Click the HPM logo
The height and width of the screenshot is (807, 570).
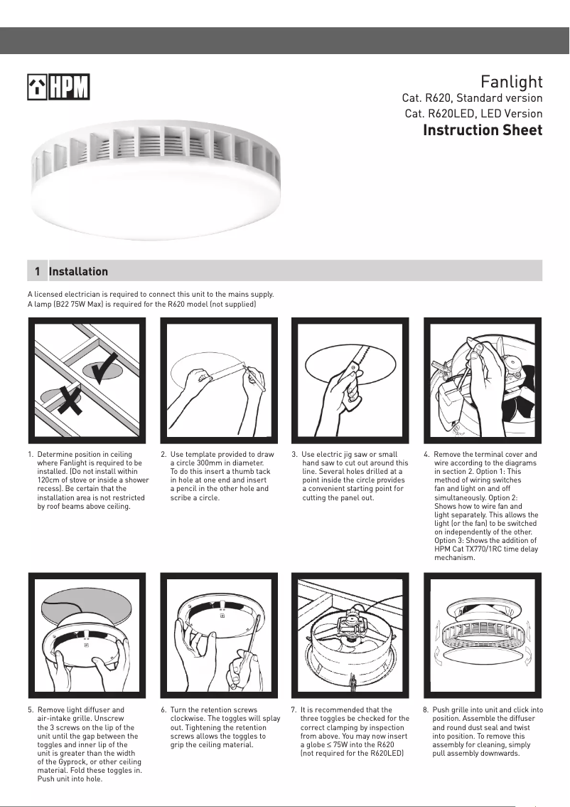pos(58,88)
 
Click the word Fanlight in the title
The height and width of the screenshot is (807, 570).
pos(511,81)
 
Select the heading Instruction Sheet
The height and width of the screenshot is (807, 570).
pos(482,130)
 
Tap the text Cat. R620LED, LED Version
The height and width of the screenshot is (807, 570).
pos(473,114)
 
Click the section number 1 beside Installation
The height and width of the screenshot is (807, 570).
pos(37,271)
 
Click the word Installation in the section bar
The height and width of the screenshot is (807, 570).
pos(78,271)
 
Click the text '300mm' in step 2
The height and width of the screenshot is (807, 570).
pos(205,463)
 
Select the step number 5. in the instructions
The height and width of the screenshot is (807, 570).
pos(31,710)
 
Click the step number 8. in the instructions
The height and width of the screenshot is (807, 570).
pos(426,710)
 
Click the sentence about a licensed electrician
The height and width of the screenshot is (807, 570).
pos(150,294)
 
